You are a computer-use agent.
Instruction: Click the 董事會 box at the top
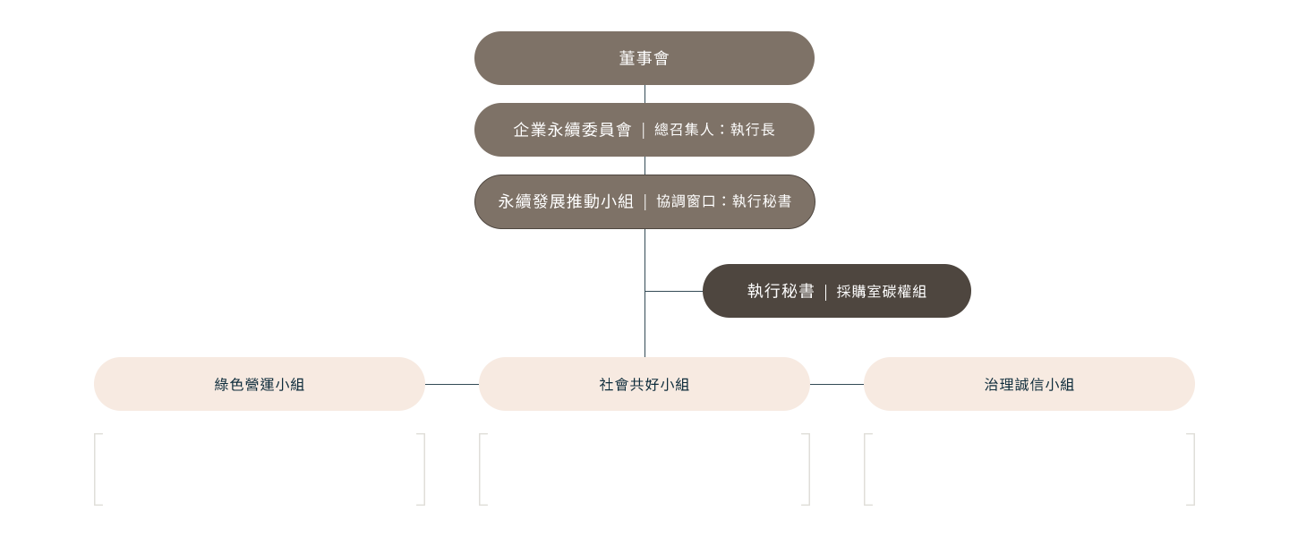(644, 58)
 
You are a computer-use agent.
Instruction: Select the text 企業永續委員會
(572, 130)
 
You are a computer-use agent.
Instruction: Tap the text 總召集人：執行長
(714, 130)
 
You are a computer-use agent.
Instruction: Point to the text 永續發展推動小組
(566, 201)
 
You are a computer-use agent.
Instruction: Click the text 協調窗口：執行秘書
(723, 201)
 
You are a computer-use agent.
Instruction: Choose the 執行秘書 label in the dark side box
(781, 291)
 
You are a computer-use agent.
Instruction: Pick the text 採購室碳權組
(881, 291)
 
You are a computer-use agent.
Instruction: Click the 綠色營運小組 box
(260, 384)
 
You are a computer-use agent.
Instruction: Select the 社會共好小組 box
(644, 384)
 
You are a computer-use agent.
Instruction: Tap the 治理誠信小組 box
(1029, 384)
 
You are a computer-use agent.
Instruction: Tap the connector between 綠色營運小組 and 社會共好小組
(452, 384)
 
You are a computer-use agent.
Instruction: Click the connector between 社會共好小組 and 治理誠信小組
(837, 384)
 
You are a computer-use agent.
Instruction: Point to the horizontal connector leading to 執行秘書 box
(673, 291)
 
